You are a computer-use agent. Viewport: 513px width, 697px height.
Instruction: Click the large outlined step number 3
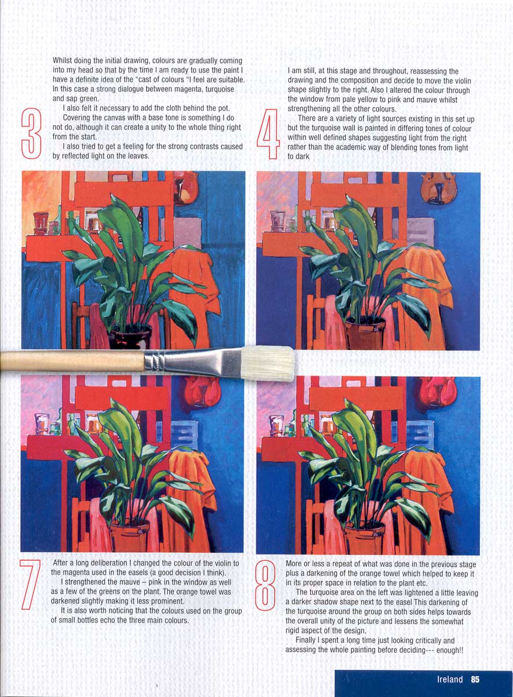31,134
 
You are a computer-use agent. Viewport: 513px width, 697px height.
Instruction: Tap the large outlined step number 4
268,134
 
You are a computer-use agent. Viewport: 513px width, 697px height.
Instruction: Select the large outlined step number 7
30,584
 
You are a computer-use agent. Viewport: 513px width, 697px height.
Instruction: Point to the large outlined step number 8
265,585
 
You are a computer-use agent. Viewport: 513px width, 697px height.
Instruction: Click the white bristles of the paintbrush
268,363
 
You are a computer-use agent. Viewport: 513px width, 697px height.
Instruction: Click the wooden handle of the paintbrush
72,361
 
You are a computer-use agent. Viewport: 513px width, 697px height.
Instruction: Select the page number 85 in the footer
475,679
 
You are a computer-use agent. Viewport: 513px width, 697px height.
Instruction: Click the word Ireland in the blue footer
450,679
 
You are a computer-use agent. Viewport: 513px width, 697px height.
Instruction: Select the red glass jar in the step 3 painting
41,223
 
